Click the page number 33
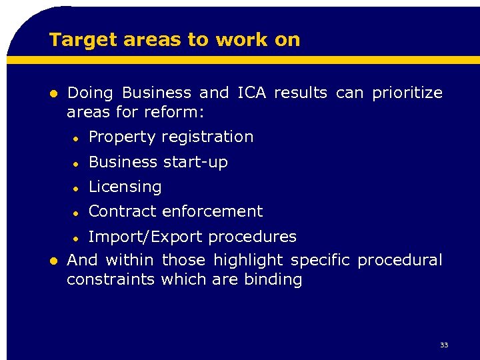click(444, 345)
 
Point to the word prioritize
click(407, 93)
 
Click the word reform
click(179, 112)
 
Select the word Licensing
click(125, 187)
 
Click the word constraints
click(111, 279)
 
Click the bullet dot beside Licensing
click(77, 187)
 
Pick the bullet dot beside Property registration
click(77, 138)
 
